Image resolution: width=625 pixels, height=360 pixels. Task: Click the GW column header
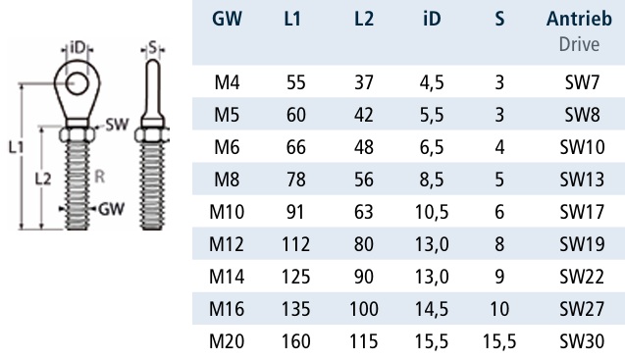coord(227,19)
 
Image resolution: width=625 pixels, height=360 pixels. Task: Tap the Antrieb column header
coord(579,19)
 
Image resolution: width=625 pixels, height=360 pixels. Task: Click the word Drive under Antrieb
coord(579,44)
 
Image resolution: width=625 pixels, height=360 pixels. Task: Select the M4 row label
coord(227,82)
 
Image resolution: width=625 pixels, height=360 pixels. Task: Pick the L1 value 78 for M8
coord(295,180)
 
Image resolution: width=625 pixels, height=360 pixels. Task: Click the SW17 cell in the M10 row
coord(582,212)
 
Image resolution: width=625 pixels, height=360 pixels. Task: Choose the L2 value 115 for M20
coord(363,341)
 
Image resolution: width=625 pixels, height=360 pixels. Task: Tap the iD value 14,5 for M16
coord(432,309)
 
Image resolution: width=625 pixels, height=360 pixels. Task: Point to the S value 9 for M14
coord(499,277)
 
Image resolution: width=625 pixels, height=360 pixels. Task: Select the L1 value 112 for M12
coord(295,244)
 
